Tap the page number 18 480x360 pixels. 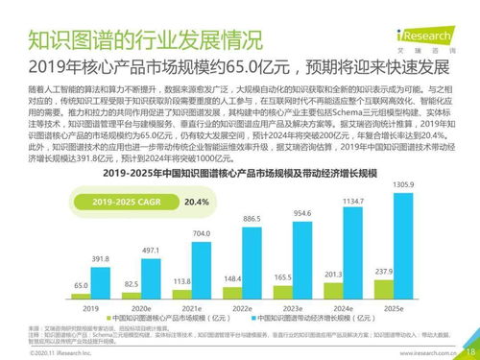469,351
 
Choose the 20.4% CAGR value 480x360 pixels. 195,202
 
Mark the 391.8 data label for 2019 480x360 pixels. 100,258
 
